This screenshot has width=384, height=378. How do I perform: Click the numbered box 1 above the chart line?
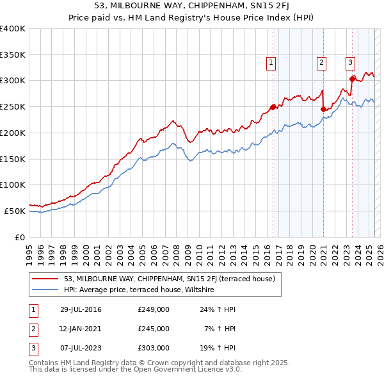point(271,63)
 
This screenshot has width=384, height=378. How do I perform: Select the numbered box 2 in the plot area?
point(321,63)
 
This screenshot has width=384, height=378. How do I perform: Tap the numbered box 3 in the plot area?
point(351,63)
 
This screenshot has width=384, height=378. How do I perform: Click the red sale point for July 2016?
point(273,107)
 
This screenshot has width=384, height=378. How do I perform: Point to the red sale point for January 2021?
point(323,109)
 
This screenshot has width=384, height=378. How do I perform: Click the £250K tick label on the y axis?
point(13,106)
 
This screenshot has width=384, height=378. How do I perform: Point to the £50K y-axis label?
point(15,211)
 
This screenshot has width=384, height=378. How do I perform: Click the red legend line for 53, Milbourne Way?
point(45,279)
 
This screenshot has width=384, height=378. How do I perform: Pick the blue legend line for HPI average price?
point(45,290)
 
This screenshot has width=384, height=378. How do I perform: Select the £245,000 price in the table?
point(154,329)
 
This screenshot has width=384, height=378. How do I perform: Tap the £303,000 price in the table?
point(154,348)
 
